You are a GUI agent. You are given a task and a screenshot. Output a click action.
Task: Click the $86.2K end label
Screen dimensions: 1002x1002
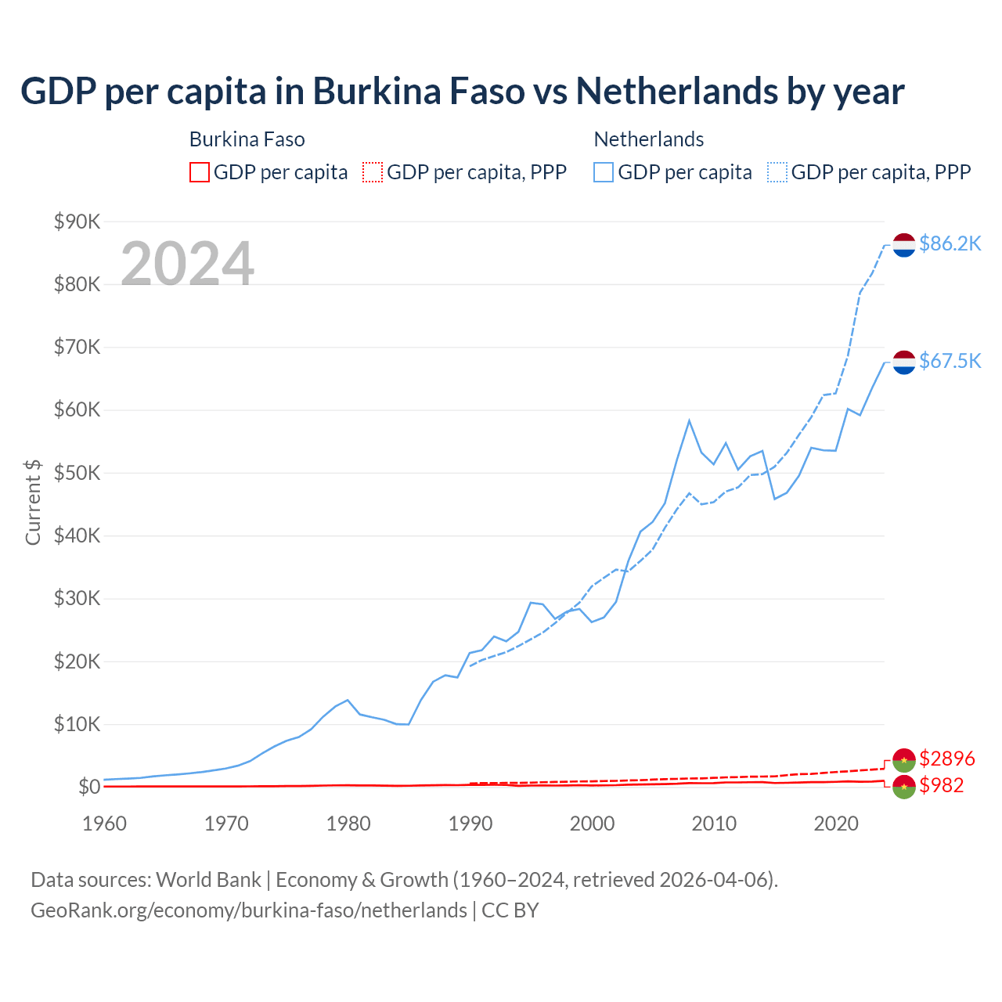coord(950,244)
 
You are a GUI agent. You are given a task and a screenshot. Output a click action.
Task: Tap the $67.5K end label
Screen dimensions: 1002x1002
coord(950,361)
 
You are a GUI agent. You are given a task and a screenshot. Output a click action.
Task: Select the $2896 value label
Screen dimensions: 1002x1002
coord(946,759)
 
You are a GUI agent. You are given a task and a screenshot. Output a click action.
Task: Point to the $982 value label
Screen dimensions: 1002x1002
coord(941,785)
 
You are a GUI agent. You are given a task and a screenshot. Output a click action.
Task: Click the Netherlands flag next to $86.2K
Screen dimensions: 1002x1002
coord(904,245)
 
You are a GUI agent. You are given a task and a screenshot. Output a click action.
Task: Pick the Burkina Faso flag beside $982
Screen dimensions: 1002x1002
coord(904,787)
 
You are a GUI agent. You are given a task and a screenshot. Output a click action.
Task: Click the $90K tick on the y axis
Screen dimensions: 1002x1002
coord(77,222)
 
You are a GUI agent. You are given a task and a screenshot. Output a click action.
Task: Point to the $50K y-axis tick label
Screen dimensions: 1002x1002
coord(77,473)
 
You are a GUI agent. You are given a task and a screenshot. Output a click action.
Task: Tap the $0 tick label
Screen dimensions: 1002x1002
coord(88,787)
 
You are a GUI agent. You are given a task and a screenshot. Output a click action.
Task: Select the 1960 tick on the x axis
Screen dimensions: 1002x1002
coord(104,824)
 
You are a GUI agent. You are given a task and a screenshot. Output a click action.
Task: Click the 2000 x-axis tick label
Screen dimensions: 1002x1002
coord(592,824)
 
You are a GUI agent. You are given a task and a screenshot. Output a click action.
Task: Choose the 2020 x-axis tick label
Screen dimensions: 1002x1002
coord(836,824)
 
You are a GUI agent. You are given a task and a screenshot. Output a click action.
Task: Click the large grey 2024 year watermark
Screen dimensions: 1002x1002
coord(187,264)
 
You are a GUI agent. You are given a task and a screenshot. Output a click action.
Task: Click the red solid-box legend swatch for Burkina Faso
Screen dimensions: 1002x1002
coord(200,172)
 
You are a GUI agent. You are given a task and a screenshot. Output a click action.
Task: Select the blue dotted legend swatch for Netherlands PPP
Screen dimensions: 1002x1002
coord(777,172)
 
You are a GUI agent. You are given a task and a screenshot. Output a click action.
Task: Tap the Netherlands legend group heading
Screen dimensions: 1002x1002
coord(649,139)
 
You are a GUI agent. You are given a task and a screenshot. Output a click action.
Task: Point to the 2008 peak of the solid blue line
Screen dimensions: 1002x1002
coord(689,421)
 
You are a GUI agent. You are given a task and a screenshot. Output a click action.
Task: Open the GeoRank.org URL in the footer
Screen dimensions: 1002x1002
coord(249,910)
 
